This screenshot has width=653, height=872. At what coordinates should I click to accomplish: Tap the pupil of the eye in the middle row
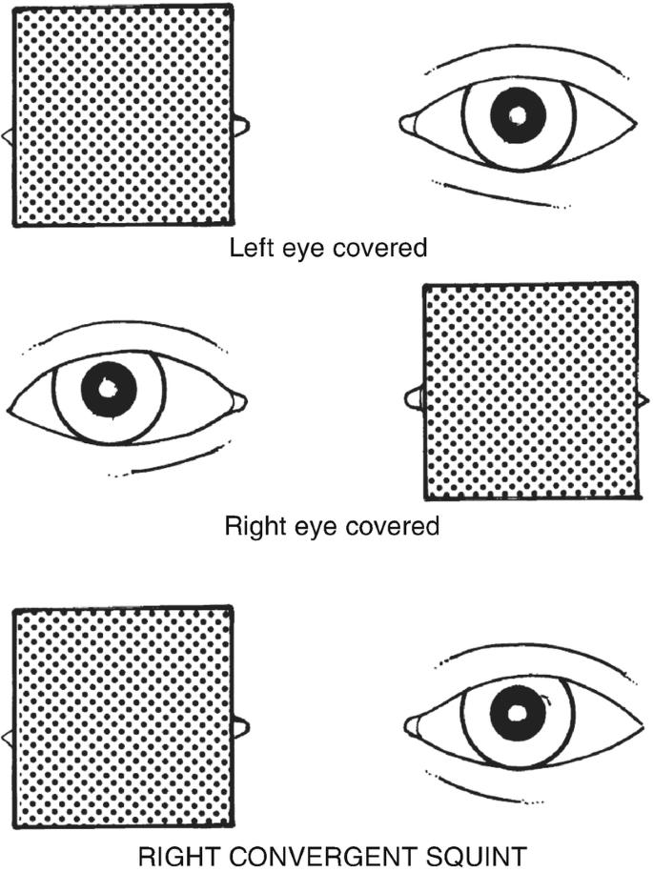tap(109, 389)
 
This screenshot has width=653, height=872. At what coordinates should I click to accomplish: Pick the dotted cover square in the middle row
tap(530, 392)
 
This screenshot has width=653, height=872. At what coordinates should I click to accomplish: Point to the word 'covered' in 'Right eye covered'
tap(396, 526)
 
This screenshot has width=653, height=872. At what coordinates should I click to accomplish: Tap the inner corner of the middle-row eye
tap(237, 401)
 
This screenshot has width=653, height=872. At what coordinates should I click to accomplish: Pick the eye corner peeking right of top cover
tap(242, 124)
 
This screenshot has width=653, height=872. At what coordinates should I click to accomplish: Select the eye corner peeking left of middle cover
tap(413, 397)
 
